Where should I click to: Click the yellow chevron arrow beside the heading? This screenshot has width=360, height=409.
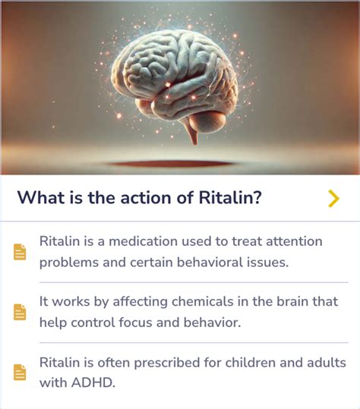pos(333,199)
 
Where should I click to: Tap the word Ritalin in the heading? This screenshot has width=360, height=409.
pos(229,197)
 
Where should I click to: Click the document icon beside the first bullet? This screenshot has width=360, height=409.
pos(20,252)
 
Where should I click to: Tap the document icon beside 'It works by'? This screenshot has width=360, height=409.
pos(20,312)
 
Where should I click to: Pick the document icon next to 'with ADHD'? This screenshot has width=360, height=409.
pos(20,373)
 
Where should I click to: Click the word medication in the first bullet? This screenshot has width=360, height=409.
pos(143,241)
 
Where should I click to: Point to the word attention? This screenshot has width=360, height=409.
pos(294,241)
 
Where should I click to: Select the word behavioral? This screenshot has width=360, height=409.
pos(210,262)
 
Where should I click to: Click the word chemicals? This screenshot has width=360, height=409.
pos(203,301)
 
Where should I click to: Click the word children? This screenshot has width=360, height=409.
pos(250,363)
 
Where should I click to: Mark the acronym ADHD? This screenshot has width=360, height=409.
pos(93,383)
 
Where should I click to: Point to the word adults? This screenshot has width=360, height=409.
pos(327,363)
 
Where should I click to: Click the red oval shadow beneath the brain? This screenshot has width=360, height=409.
pos(170,164)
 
